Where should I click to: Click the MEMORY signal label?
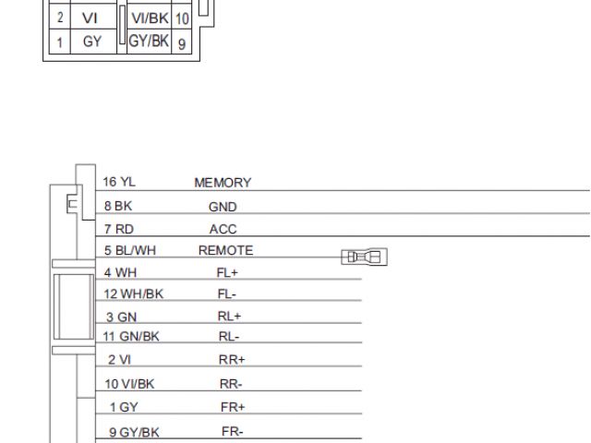pos(223,183)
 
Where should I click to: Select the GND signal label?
pos(223,208)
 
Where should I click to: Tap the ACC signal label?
pos(223,229)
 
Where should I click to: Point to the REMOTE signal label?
pos(225,250)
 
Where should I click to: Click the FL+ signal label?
pos(227,272)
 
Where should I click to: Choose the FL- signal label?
pos(227,294)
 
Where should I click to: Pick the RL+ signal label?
pos(229,316)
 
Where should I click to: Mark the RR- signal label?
pos(231,384)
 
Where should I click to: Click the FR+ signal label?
pos(233,407)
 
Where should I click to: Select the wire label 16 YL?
pos(119,182)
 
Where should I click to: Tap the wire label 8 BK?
pos(118,207)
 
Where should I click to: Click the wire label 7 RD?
pos(118,229)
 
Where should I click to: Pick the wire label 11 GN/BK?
pos(131,336)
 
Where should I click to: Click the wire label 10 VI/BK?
pos(129,384)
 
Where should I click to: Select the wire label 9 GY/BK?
pos(132,432)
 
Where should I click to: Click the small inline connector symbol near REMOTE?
pos(364,257)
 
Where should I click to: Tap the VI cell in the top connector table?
pos(91,18)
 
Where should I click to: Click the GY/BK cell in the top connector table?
pos(148,42)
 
